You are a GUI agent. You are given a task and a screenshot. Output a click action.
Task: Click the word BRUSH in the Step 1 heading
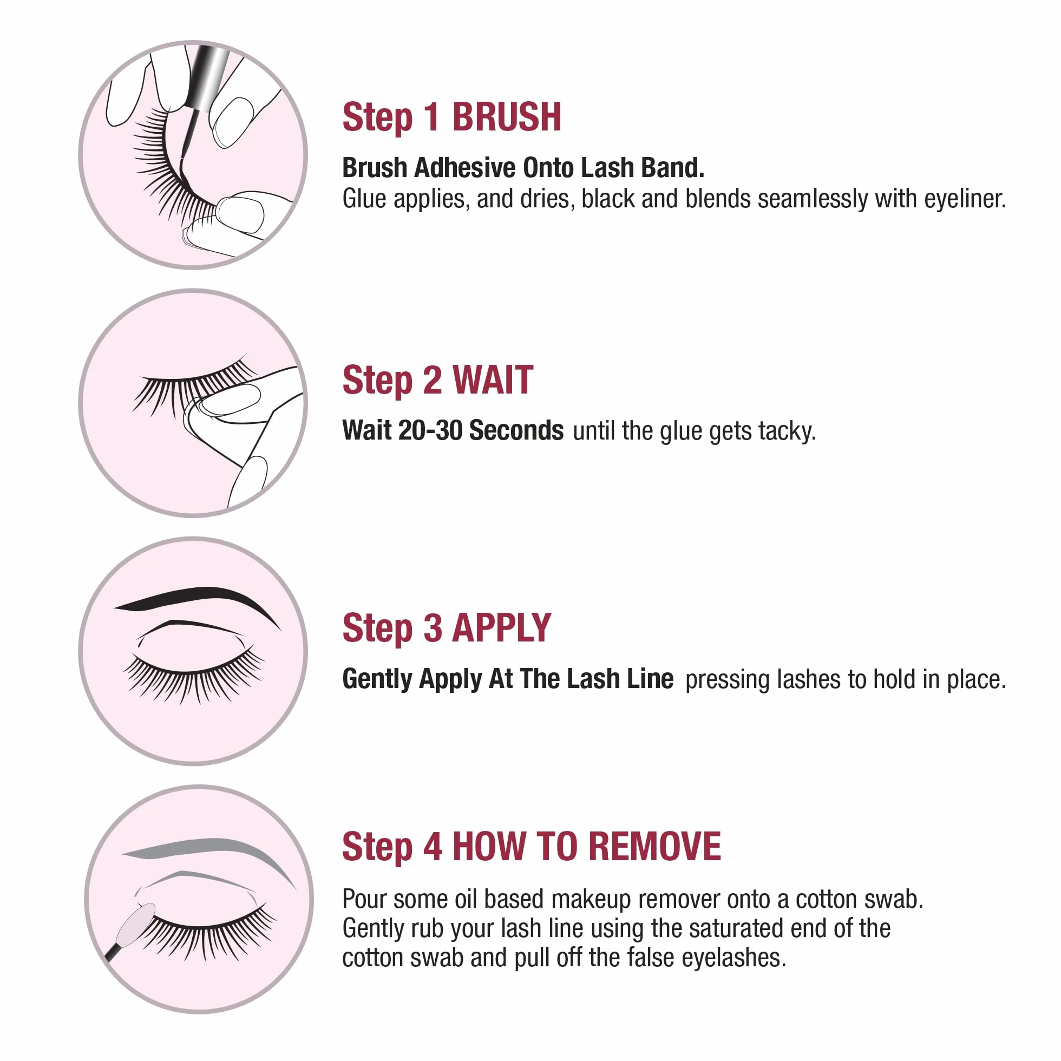(x=506, y=117)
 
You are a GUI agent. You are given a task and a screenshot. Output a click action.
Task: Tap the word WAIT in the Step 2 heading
(x=493, y=380)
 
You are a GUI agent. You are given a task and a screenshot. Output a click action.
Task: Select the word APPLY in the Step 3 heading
(x=501, y=627)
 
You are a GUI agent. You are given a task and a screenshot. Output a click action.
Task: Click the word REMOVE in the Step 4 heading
(x=654, y=846)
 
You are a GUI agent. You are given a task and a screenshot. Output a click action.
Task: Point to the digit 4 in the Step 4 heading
(x=432, y=846)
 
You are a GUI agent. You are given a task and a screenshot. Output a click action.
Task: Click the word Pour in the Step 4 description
(x=364, y=899)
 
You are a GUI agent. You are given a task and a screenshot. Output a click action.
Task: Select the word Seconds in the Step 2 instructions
(x=516, y=430)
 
